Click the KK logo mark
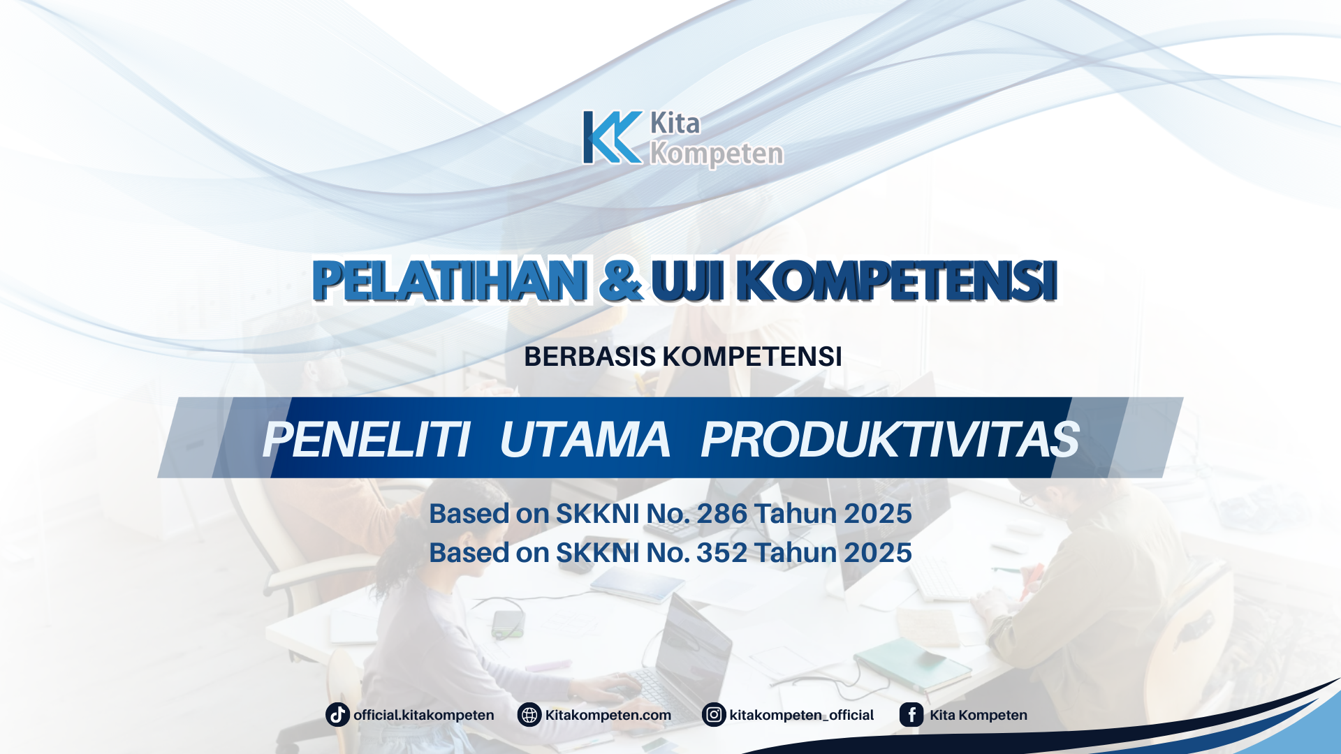point(612,138)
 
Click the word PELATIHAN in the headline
point(450,281)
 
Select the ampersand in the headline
point(620,281)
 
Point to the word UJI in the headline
point(687,281)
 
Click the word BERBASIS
point(589,357)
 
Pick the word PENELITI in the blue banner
point(366,440)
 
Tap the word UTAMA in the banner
point(585,440)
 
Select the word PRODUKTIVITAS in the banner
point(890,440)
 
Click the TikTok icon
point(338,715)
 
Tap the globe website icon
point(529,715)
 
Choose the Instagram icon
point(714,715)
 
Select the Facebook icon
point(911,715)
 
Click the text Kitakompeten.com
point(608,715)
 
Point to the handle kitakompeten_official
point(801,715)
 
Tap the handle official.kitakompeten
point(424,715)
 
